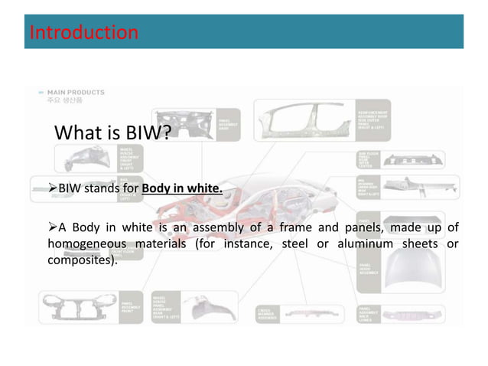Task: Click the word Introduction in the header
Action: coord(83,32)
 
